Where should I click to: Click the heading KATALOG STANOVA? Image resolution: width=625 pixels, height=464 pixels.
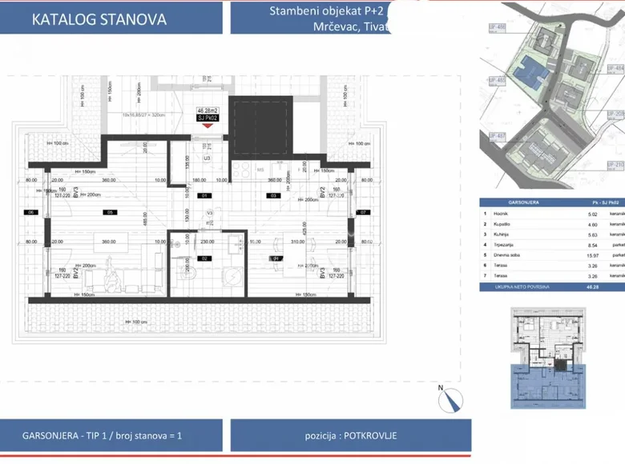[x=99, y=20]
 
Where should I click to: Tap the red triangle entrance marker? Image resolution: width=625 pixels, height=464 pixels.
[x=208, y=125]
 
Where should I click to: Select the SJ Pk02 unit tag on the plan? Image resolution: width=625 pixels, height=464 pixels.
[x=208, y=118]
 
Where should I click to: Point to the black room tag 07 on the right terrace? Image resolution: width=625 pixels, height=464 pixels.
[x=362, y=212]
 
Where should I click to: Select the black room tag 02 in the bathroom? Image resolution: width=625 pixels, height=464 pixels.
[x=204, y=258]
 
